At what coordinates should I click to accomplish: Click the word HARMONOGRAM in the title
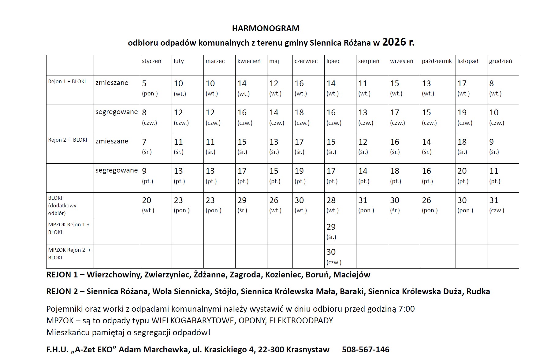click(x=266, y=28)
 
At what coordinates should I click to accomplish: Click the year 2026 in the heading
click(x=394, y=42)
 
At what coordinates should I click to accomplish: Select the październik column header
click(x=437, y=61)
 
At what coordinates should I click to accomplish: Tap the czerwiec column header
click(x=306, y=61)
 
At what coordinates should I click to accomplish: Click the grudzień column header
click(x=500, y=61)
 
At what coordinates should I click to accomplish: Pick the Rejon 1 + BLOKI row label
click(x=67, y=82)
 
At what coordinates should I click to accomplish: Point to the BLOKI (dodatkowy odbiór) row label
click(x=62, y=206)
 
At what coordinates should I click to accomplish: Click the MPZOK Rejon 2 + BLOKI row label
click(x=69, y=254)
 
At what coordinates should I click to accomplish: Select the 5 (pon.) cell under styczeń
click(x=150, y=88)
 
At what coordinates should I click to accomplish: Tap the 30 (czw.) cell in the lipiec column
click(x=334, y=257)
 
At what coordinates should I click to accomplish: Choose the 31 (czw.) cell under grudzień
click(x=497, y=205)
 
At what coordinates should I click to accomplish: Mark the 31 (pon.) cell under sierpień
click(x=366, y=205)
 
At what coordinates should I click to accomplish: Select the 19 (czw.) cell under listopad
click(x=465, y=117)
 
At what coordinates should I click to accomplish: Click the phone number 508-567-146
click(x=366, y=350)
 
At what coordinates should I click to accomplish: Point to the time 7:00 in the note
click(x=407, y=309)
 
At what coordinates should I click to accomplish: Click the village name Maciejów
click(x=352, y=275)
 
